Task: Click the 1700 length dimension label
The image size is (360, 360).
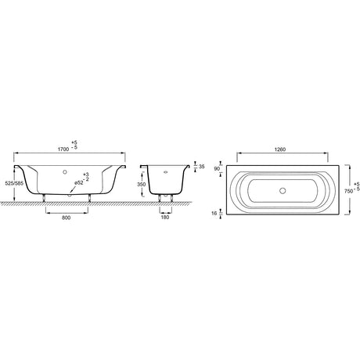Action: [63, 149]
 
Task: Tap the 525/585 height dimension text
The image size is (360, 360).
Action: [14, 183]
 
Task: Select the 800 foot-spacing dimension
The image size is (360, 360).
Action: [67, 218]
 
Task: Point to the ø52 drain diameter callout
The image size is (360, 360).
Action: [79, 183]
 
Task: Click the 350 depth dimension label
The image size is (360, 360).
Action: [142, 185]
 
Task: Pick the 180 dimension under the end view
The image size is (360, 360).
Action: [165, 217]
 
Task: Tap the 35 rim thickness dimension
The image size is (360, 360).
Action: [202, 167]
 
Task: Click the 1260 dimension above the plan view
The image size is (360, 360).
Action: [280, 149]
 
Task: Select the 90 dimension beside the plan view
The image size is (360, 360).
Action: [217, 169]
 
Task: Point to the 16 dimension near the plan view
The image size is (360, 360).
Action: [214, 213]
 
